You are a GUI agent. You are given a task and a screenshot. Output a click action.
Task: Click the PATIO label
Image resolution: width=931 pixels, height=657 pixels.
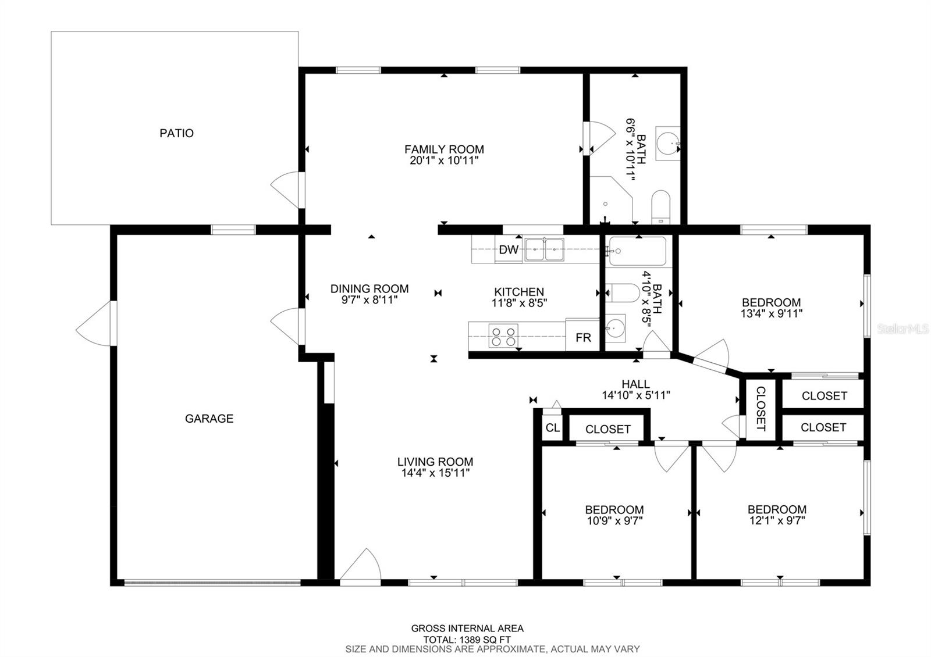pyautogui.click(x=177, y=133)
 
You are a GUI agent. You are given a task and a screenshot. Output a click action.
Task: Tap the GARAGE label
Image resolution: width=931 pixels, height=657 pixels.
pyautogui.click(x=209, y=419)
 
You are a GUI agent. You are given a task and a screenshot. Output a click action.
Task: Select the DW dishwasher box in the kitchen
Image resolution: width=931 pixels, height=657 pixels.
pyautogui.click(x=509, y=249)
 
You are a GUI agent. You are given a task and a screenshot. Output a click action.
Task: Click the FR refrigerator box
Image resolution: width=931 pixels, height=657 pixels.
pyautogui.click(x=582, y=335)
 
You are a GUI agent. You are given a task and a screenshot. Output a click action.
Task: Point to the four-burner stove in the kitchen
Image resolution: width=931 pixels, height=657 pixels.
pyautogui.click(x=503, y=335)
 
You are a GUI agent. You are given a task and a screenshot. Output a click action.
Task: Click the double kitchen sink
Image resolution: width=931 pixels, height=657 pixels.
pyautogui.click(x=544, y=249)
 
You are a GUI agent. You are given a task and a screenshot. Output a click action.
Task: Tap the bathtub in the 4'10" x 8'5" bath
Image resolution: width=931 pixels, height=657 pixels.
pyautogui.click(x=637, y=251)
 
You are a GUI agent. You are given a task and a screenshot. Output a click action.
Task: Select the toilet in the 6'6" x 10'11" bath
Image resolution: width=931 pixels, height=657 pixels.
pyautogui.click(x=660, y=207)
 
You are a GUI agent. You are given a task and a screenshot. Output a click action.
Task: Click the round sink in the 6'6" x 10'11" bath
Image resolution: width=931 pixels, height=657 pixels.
pyautogui.click(x=667, y=143)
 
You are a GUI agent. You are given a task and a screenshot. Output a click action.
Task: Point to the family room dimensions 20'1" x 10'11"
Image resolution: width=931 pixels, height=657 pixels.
pyautogui.click(x=445, y=160)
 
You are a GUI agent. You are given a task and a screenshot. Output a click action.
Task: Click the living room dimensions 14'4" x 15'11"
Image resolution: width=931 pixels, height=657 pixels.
pyautogui.click(x=435, y=473)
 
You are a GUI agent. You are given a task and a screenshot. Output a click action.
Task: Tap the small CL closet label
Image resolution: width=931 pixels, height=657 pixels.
pyautogui.click(x=552, y=428)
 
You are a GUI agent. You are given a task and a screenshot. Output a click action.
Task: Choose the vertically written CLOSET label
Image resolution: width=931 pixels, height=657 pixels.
pyautogui.click(x=760, y=409)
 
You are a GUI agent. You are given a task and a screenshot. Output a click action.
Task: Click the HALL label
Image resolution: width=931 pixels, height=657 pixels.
pyautogui.click(x=635, y=384)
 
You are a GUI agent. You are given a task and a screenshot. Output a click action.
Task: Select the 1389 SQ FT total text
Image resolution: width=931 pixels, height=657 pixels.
pyautogui.click(x=467, y=640)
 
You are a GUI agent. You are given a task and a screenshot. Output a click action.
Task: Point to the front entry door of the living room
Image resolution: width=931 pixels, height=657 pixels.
pyautogui.click(x=361, y=567)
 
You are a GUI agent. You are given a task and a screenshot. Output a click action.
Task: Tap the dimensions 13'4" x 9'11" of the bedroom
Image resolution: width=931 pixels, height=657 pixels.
pyautogui.click(x=772, y=313)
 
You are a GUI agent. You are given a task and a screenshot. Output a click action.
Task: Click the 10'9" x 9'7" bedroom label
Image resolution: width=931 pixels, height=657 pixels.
pyautogui.click(x=614, y=515)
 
